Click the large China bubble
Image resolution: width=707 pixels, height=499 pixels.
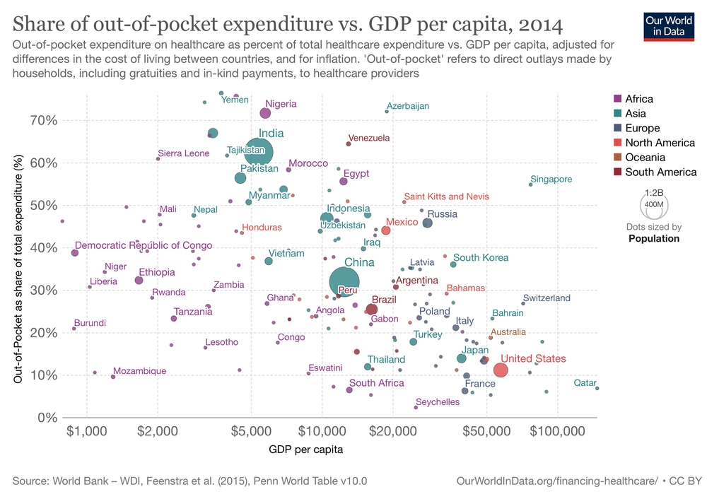[344, 281]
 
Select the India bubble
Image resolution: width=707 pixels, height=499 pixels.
[259, 151]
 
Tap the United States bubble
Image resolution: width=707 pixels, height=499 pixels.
[501, 370]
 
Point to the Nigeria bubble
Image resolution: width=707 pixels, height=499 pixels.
[265, 113]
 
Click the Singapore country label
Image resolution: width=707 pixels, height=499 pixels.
[551, 180]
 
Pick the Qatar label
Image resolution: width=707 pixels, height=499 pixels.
[584, 382]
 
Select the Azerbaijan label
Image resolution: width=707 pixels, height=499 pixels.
[407, 106]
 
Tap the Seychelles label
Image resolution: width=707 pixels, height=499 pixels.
[438, 402]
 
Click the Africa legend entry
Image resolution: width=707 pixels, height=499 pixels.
[639, 99]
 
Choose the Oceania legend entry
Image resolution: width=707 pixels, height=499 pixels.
[644, 158]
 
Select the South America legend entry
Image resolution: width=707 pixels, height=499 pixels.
[660, 172]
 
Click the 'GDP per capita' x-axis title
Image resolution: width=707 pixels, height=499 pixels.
[306, 448]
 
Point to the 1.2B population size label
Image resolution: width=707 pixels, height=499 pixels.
[655, 192]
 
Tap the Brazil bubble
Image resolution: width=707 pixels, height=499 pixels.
[371, 309]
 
